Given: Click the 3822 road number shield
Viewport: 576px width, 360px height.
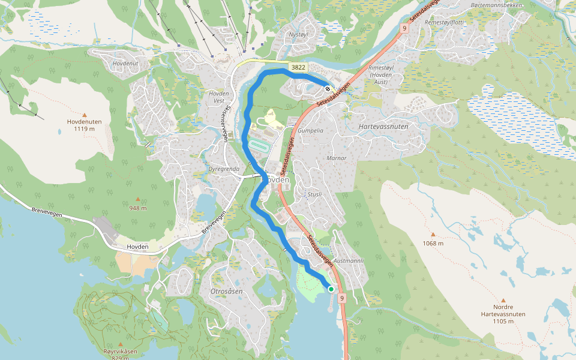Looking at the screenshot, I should [x=298, y=67].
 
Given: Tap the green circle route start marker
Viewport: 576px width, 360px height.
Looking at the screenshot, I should [x=331, y=289].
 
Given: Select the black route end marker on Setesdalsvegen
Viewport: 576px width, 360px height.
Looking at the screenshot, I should [x=328, y=89].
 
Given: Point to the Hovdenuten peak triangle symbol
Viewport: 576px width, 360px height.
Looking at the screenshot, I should [x=84, y=115].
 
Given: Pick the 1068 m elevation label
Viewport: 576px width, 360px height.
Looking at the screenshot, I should [x=433, y=243].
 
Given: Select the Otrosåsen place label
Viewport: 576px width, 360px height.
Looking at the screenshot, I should [x=226, y=291].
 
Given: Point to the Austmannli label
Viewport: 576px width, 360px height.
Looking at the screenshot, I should [x=349, y=261].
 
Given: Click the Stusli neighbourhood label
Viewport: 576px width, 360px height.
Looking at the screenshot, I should [x=314, y=194].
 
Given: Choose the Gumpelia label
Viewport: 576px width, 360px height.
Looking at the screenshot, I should [x=310, y=130].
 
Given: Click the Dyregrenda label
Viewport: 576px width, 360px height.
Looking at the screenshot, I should [x=223, y=169].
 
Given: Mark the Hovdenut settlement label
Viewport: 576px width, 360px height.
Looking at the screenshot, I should [x=125, y=63].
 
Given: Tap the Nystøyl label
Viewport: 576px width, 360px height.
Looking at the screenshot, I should [x=298, y=35].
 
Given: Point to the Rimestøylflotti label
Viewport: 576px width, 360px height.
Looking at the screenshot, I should [x=444, y=22].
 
